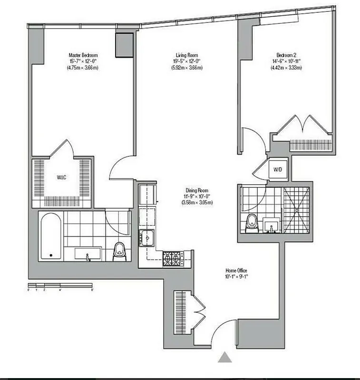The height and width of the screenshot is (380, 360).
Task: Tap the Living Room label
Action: (x=187, y=55)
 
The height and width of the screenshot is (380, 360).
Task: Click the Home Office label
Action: (x=236, y=270)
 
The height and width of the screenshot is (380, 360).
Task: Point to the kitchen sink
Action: (x=146, y=236)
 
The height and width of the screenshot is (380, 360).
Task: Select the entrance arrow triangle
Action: (x=225, y=357)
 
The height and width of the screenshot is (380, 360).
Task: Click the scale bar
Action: (x=59, y=286)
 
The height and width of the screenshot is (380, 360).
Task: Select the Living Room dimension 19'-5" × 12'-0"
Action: (x=187, y=61)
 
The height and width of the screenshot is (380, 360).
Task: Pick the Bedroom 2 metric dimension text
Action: (x=287, y=67)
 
